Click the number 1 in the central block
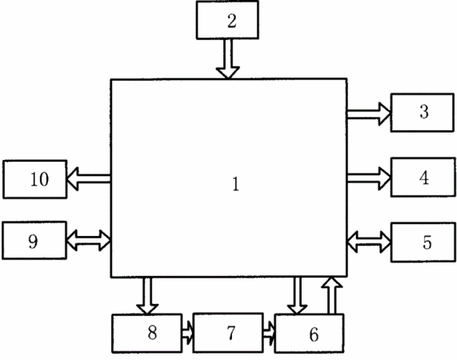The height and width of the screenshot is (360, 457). click(x=236, y=184)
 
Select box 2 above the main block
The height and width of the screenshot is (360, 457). click(x=227, y=20)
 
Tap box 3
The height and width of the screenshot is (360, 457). click(x=423, y=113)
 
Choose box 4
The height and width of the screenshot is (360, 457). click(x=423, y=177)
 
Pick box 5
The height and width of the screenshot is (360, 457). click(x=423, y=242)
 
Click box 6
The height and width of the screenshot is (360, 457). click(x=309, y=334)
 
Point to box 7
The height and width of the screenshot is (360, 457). click(x=228, y=333)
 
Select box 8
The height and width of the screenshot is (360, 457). click(x=147, y=334)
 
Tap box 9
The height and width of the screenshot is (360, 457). click(x=34, y=240)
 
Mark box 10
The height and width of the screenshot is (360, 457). click(x=35, y=179)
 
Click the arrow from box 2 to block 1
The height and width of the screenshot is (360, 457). click(x=228, y=59)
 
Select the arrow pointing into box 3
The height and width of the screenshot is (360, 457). click(x=369, y=114)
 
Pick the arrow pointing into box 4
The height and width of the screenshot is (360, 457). click(x=369, y=178)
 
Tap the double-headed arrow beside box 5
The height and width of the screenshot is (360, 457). click(x=369, y=242)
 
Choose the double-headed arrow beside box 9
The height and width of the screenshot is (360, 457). click(x=89, y=240)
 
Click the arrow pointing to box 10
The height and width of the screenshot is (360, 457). click(x=89, y=179)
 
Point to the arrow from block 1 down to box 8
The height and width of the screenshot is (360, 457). click(x=147, y=296)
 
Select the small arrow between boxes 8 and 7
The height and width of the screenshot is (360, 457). click(x=187, y=333)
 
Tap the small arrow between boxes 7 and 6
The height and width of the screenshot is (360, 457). click(x=269, y=333)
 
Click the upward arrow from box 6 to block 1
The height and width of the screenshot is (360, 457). click(x=331, y=296)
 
